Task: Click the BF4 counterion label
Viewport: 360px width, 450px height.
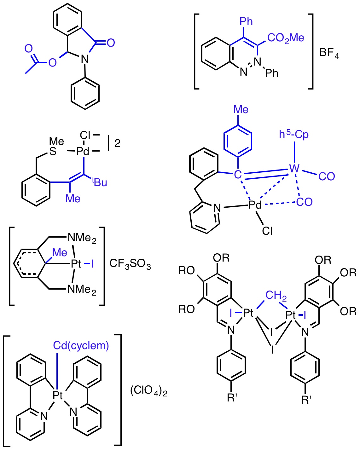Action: (329, 53)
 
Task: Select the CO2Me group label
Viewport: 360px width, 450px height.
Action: (286, 38)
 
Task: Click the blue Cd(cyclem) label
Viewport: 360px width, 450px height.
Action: (81, 346)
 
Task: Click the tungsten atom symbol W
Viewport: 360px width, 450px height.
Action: (294, 168)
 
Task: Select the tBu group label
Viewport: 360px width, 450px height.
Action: (100, 182)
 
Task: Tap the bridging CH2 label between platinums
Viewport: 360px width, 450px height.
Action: (276, 295)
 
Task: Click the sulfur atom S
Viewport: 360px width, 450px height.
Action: (53, 152)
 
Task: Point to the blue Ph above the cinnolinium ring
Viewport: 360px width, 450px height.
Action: (246, 21)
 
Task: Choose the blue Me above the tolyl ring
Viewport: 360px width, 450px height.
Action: (241, 109)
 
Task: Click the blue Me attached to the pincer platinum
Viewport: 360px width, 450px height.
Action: (60, 252)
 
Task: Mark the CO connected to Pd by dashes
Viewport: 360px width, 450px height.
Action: (304, 202)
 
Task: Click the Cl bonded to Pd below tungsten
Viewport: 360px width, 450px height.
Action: (267, 231)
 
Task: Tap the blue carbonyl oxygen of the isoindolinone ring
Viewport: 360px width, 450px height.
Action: (111, 43)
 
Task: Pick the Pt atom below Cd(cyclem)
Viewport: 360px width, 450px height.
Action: (58, 395)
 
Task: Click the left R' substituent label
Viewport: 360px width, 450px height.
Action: (232, 398)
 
